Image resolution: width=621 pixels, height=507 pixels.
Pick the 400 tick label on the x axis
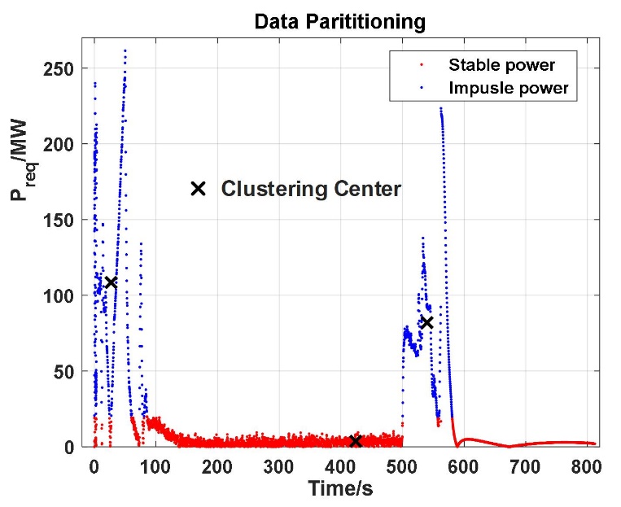[340, 466]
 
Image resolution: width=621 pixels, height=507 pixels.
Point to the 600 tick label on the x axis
[464, 466]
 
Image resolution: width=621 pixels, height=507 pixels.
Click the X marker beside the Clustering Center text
[198, 189]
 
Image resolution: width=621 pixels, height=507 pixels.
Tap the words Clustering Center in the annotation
[311, 190]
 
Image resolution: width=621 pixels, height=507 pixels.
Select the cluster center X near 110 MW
[111, 282]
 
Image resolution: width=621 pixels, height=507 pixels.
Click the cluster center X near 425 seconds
[355, 441]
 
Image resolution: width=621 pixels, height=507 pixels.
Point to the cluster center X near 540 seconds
[426, 322]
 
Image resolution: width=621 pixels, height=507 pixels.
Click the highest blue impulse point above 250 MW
[125, 50]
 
